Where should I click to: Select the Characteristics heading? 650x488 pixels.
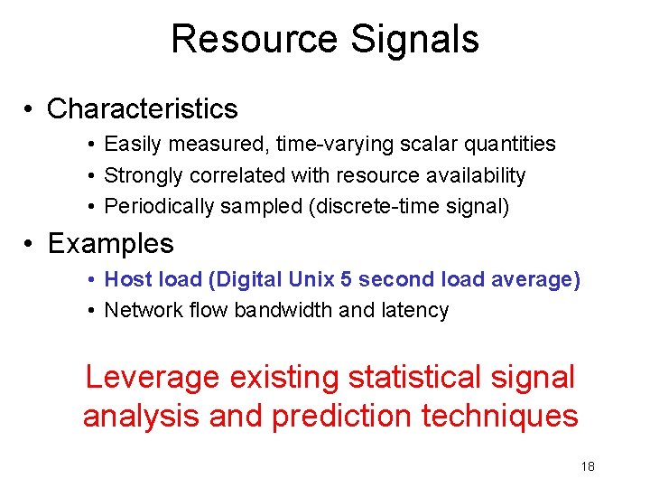coord(142,109)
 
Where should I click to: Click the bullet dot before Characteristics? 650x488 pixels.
coord(30,109)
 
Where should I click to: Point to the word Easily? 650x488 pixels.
coord(129,144)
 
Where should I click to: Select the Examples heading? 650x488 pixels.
coord(110,244)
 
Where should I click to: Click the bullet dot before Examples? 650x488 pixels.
coord(30,244)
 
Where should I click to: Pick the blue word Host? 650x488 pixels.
coord(124,279)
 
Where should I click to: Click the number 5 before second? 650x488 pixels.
coord(346,279)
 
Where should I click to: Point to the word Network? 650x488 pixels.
coord(136,311)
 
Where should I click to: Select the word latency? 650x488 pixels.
coord(417,311)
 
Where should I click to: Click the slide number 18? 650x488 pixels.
coord(588,465)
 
